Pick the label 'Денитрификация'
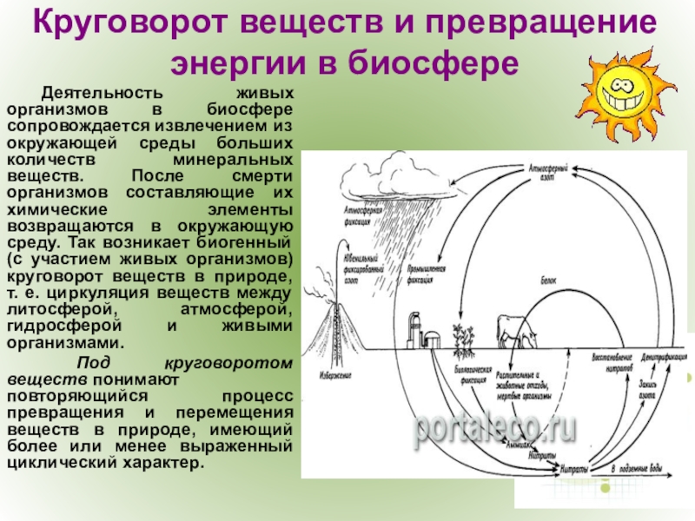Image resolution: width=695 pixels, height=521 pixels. point(663,358)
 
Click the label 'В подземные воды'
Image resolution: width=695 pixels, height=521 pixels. point(637,470)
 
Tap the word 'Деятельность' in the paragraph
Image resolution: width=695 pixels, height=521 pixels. point(89,92)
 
